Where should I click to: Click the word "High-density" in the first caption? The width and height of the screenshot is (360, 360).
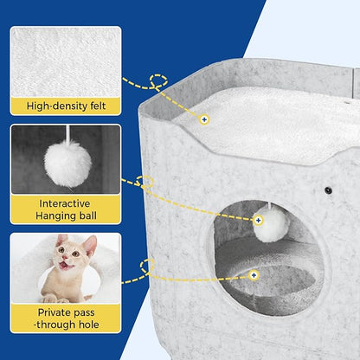pos(55,106)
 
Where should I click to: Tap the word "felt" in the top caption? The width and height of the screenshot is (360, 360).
pos(95,106)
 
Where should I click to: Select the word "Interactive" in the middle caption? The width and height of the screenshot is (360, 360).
pos(65,203)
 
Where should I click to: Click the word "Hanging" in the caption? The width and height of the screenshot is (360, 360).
pos(54,216)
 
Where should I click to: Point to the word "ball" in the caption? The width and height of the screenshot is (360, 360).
pos(86,215)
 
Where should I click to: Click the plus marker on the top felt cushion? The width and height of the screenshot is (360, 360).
pos(204,119)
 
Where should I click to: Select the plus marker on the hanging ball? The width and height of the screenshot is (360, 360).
pos(259,221)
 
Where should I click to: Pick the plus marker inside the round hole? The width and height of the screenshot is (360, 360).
pos(254,275)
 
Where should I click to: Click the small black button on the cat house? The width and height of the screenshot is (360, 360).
pos(328,190)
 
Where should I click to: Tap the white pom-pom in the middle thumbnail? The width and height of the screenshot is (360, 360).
pos(68,164)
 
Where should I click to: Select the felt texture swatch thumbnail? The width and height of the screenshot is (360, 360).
pos(66,62)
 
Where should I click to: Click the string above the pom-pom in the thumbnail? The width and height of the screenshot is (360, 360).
pos(68,133)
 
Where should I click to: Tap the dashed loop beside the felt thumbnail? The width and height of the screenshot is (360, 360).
pos(158,81)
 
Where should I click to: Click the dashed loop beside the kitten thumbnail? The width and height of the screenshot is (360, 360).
pos(147,266)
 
